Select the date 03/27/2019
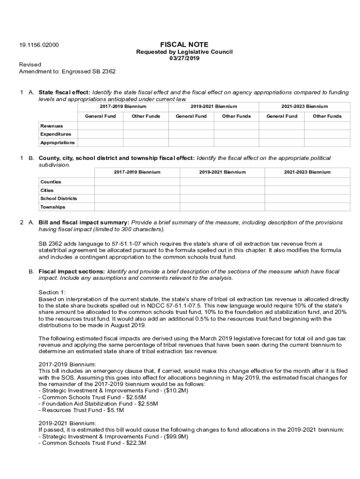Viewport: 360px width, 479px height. (x=184, y=58)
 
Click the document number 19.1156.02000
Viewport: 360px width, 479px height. (x=39, y=45)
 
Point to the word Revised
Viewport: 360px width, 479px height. (x=30, y=65)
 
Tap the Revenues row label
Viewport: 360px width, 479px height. (x=51, y=126)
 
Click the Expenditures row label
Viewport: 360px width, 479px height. (x=56, y=134)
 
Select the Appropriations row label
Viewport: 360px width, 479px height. (x=57, y=143)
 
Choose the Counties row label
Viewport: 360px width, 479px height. (x=50, y=182)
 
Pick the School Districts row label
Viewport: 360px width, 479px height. (x=58, y=198)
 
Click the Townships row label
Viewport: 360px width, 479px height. (x=52, y=207)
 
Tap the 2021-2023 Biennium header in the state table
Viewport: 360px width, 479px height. (x=304, y=107)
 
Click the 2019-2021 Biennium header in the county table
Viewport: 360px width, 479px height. (x=222, y=172)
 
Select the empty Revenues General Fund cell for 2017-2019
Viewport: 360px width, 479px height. (x=100, y=126)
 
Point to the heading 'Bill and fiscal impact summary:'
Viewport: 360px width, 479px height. (x=84, y=222)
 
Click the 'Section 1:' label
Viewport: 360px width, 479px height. (x=52, y=292)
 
